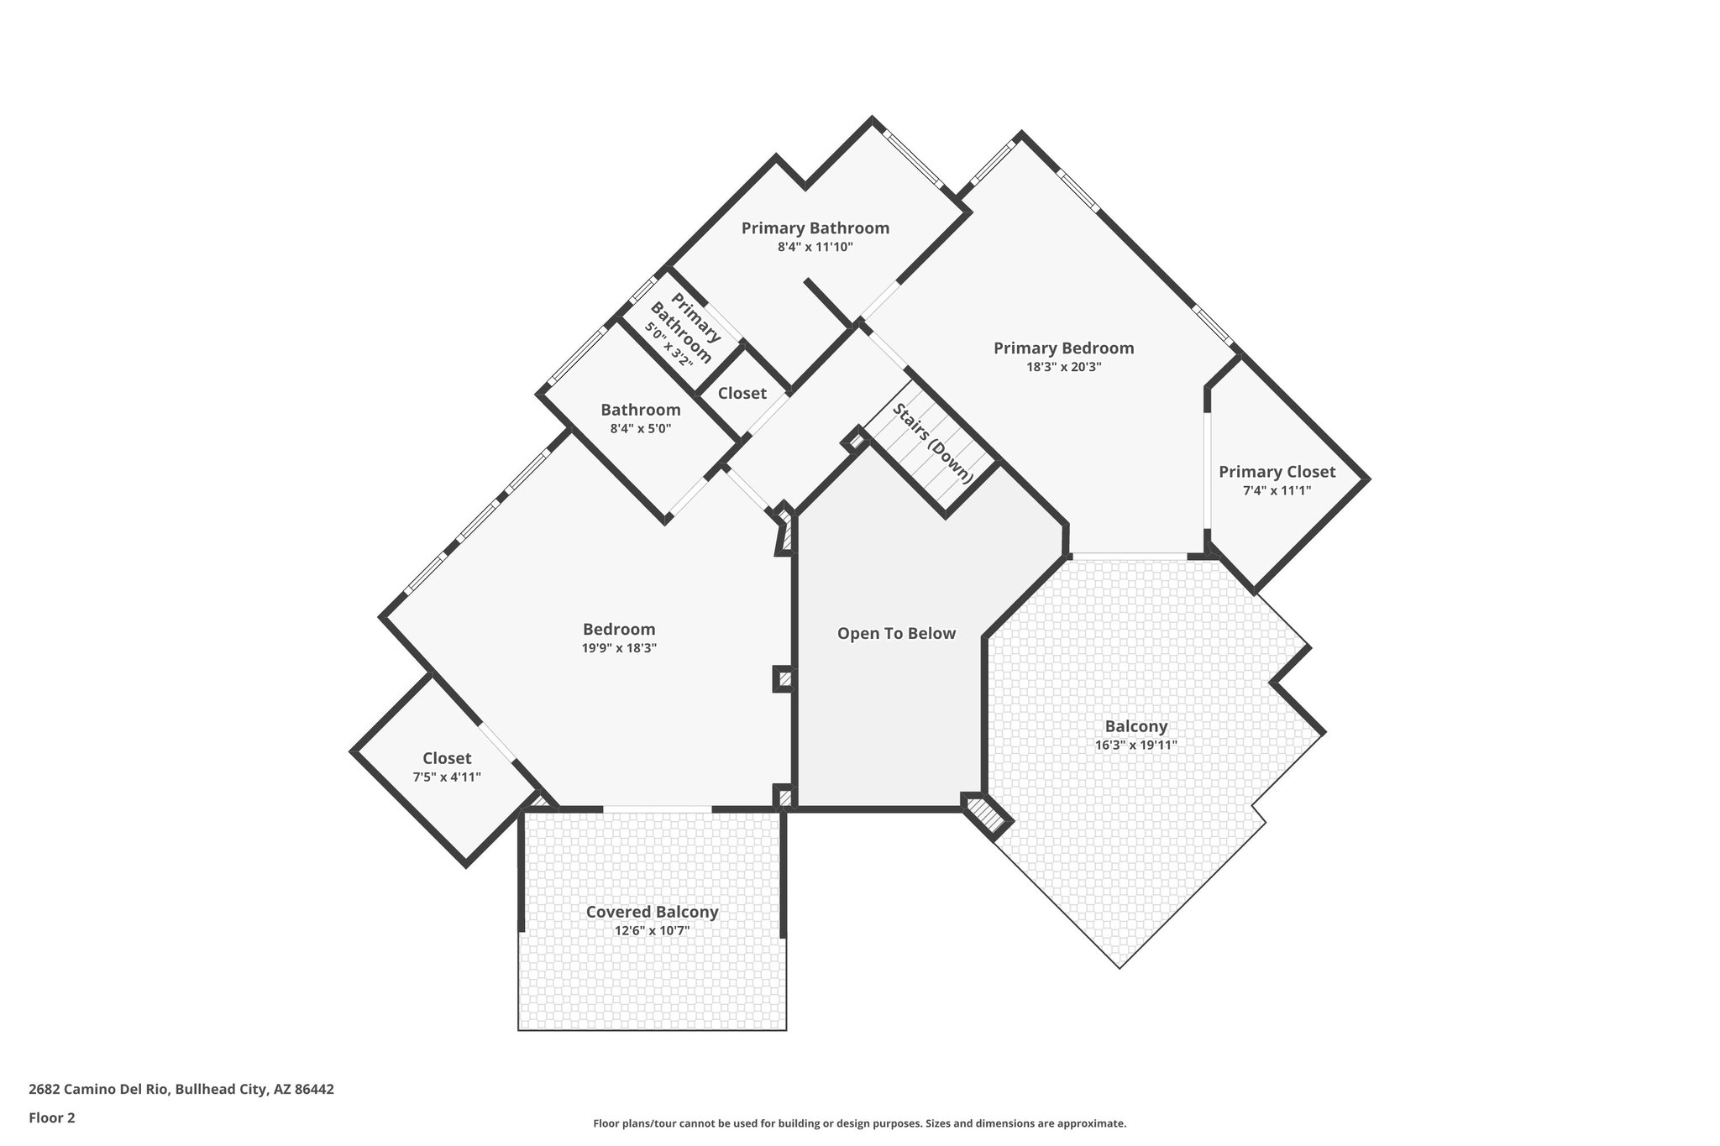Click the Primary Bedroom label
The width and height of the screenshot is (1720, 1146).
1063,348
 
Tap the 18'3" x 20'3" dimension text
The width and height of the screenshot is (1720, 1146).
1063,367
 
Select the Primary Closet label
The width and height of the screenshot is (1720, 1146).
1277,472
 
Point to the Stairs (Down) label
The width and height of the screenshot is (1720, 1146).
932,443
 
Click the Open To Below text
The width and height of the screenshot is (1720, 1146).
896,633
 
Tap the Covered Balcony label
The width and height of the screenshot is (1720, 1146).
652,912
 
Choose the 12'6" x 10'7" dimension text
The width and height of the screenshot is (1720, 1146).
652,930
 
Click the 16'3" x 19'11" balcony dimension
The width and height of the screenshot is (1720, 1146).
1135,745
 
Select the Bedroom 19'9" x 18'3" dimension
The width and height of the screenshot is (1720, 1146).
619,648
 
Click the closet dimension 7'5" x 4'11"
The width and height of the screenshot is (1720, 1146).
447,777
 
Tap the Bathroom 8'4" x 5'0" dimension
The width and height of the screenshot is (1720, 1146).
640,428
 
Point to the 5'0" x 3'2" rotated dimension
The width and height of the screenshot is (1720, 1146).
669,344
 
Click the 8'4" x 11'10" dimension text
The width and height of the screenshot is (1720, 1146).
815,247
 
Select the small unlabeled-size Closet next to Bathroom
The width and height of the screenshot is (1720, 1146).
742,393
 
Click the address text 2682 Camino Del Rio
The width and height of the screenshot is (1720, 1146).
181,1090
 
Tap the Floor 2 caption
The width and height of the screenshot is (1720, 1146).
52,1117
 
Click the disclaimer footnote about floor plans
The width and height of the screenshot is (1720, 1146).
859,1123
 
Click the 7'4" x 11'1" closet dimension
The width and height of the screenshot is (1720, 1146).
1277,490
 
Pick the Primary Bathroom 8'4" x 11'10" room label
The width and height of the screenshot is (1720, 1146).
815,228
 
